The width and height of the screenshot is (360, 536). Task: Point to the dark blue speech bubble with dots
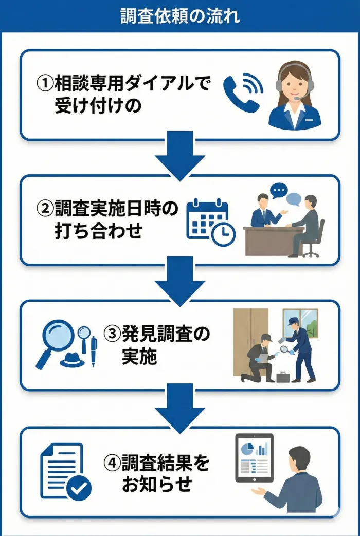coord(279,191)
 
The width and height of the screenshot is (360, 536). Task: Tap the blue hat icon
coord(71,360)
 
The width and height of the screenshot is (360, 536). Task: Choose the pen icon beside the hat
coord(94,350)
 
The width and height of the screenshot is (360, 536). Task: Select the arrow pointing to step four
coord(180,408)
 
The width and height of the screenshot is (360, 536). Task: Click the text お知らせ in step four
coord(157,485)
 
